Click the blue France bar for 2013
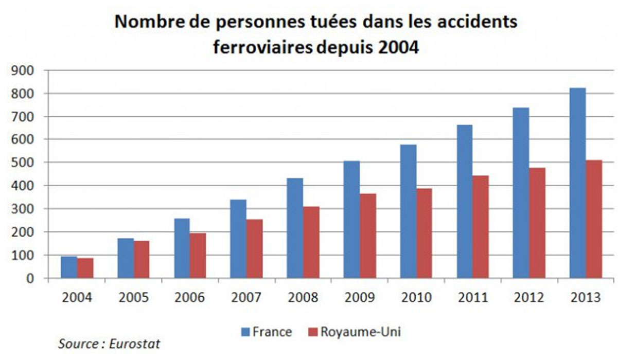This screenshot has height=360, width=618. (577, 183)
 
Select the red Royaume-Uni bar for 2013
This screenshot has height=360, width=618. (593, 219)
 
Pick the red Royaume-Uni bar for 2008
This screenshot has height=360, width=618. (311, 242)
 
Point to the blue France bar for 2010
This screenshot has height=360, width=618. (408, 211)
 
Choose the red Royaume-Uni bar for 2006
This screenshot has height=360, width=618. (198, 256)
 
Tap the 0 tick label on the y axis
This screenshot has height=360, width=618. (31, 279)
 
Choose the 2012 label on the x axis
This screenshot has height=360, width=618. (529, 298)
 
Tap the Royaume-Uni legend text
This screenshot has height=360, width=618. (360, 332)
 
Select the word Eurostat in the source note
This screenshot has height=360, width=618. (134, 343)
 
